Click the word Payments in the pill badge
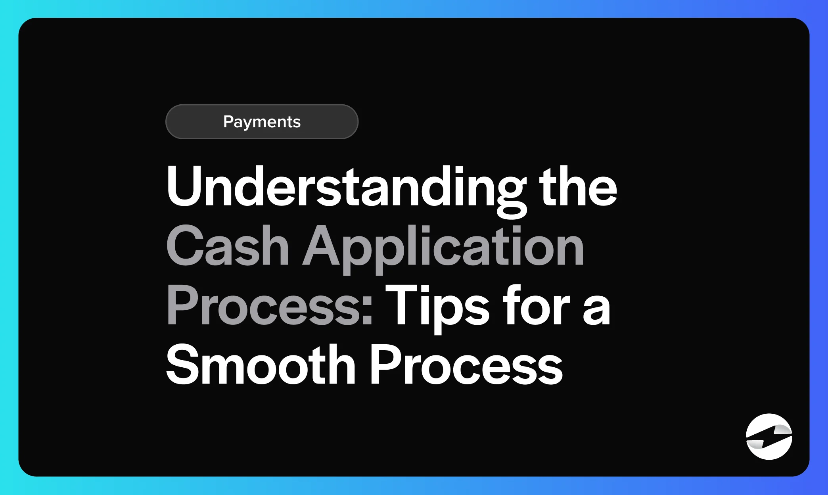[262, 122]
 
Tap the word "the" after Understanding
[578, 187]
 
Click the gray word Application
[443, 246]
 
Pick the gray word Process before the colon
[264, 306]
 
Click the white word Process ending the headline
[466, 365]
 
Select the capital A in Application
[324, 246]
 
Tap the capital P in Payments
[229, 121]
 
